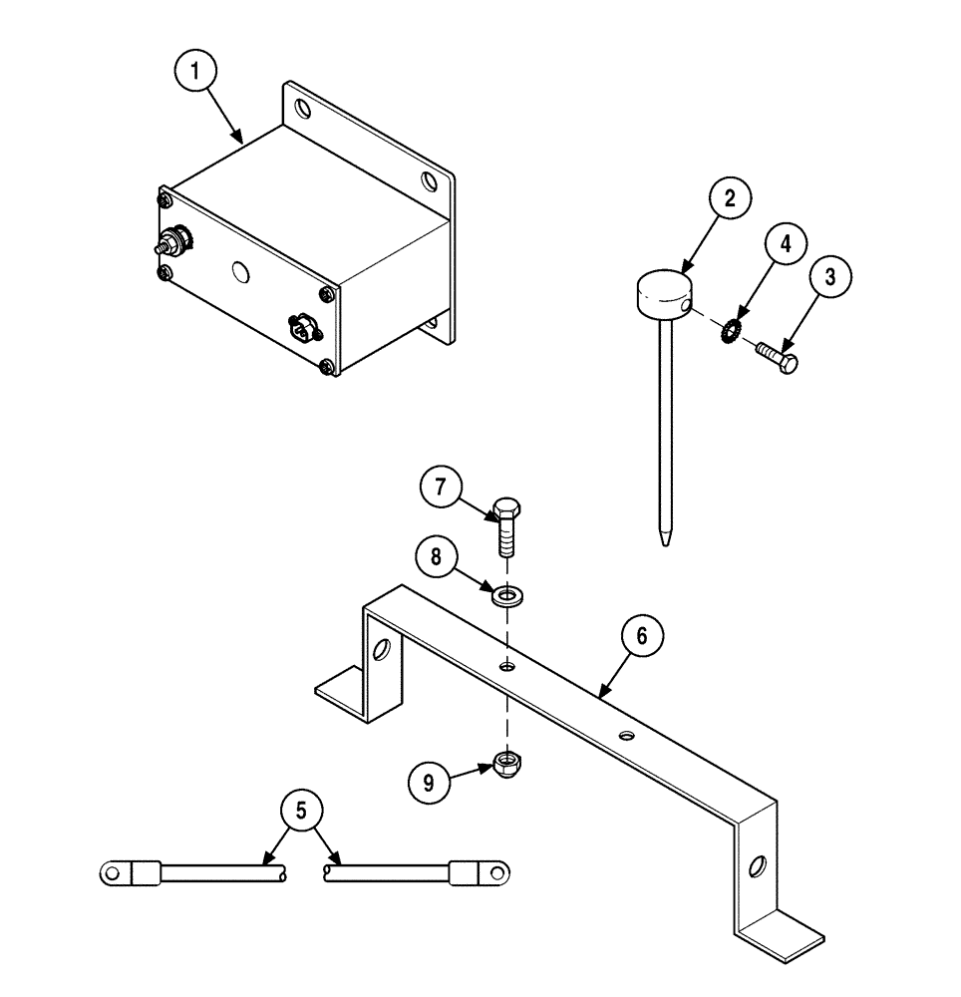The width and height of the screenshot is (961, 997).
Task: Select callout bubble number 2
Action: (730, 197)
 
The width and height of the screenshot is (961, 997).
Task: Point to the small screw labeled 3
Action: (778, 358)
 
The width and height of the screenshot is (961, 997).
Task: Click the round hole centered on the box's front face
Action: (239, 271)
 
